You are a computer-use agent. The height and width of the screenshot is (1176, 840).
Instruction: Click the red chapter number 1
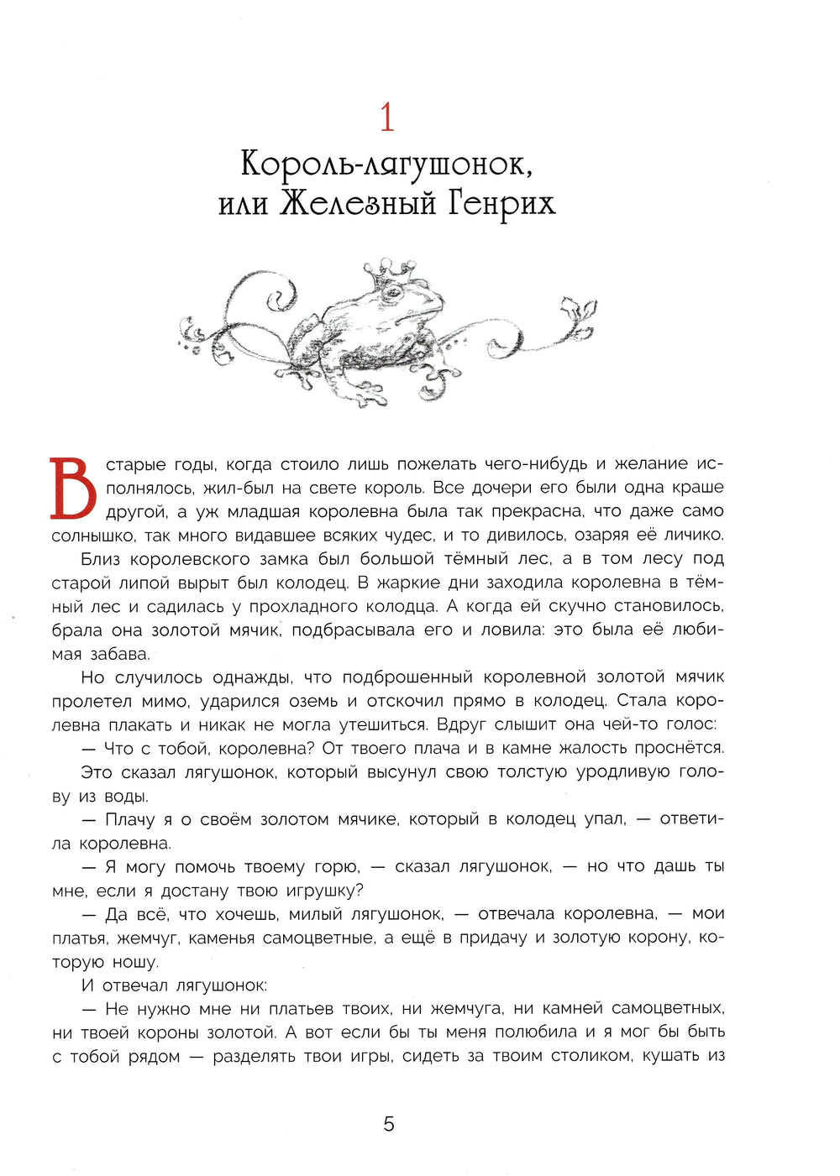pos(387,118)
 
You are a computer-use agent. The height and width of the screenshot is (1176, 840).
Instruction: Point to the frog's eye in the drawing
pos(391,295)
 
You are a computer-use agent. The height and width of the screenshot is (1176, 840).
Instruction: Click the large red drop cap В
pos(73,488)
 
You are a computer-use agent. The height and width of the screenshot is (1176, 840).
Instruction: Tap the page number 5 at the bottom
pos(388,1124)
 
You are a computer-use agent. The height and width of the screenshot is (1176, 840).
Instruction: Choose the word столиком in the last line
pos(590,1056)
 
